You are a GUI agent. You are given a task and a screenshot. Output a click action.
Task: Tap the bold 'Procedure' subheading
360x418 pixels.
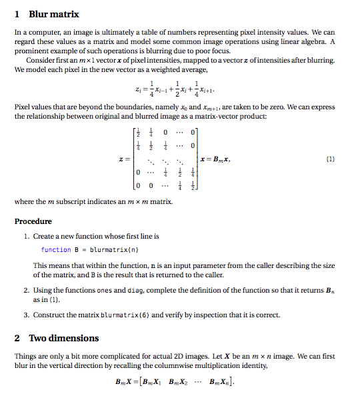(33, 221)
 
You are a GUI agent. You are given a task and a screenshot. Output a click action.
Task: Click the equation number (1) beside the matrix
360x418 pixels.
(331, 160)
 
